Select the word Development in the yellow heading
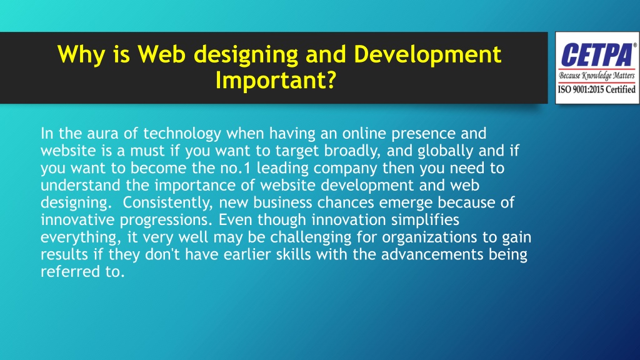[x=427, y=55]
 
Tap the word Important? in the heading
[x=272, y=81]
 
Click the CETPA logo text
[x=594, y=54]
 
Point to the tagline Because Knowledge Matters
[x=596, y=76]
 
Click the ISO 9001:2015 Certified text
[x=596, y=89]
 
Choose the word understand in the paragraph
[x=76, y=186]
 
